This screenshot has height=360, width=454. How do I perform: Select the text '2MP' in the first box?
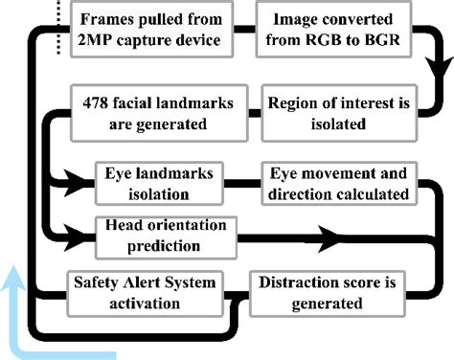tap(100, 41)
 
